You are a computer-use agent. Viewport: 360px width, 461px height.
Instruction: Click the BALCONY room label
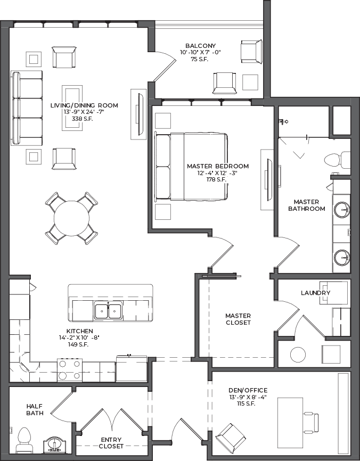click(200, 46)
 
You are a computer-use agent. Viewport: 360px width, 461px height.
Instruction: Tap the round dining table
click(71, 218)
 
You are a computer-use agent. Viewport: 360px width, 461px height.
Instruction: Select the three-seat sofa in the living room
click(27, 108)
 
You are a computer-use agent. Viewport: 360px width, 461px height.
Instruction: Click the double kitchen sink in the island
click(108, 311)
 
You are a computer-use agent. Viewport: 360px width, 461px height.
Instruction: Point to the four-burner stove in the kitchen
click(70, 370)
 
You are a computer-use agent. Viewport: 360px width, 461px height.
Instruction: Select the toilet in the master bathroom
click(337, 160)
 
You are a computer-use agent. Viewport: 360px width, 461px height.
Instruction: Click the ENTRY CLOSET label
click(111, 443)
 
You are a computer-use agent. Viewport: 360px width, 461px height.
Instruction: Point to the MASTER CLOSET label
click(238, 319)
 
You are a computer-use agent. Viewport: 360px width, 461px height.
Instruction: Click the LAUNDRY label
click(316, 293)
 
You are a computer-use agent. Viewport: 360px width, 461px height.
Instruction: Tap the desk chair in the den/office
click(311, 423)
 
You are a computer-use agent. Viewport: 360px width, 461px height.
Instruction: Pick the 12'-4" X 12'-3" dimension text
click(217, 173)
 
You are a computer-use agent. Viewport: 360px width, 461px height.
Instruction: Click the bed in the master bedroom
click(191, 167)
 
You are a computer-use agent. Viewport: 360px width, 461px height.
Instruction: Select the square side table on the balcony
click(250, 83)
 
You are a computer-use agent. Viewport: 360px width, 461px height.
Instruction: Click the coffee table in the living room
click(72, 108)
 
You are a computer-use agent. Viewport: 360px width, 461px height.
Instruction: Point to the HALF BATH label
click(35, 409)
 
